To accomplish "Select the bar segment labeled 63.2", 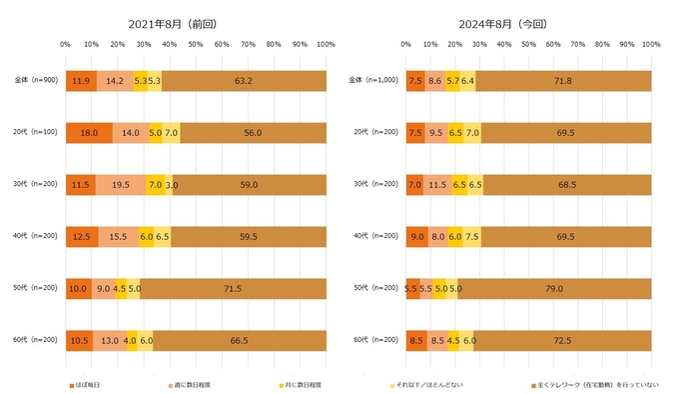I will click(x=243, y=81).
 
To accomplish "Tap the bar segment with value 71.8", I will click(x=563, y=81).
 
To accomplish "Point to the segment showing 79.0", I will click(x=555, y=288).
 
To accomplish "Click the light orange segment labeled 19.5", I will click(x=121, y=185).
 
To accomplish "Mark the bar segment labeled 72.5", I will click(x=562, y=340).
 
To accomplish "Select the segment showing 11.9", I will click(x=81, y=81).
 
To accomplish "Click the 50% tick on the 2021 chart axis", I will click(x=196, y=45).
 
